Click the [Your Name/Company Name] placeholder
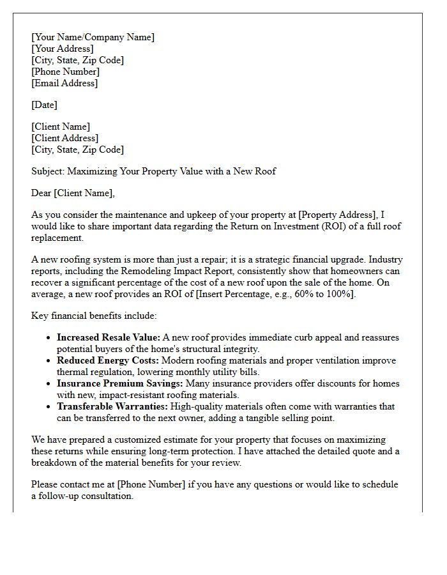point(93,37)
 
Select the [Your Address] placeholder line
point(63,49)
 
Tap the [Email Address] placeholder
point(64,83)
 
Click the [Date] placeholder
point(44,105)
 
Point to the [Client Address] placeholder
point(64,138)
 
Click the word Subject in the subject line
point(48,171)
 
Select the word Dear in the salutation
point(42,193)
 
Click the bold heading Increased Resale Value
point(108,337)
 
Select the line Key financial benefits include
point(93,316)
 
